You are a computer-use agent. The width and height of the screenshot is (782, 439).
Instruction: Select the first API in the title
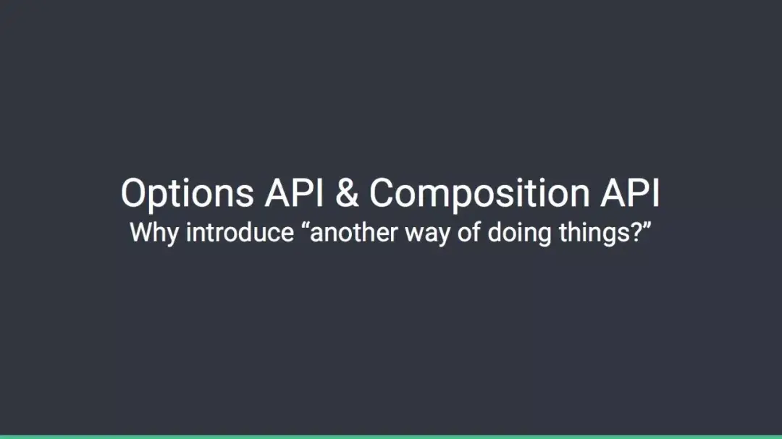(294, 192)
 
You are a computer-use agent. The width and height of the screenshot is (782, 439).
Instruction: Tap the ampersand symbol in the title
(347, 192)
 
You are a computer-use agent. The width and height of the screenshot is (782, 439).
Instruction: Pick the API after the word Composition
(631, 192)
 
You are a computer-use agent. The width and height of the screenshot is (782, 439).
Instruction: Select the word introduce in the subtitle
(240, 232)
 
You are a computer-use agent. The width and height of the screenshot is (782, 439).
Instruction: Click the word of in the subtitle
(468, 232)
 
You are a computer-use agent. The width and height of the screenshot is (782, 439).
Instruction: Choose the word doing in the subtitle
(519, 234)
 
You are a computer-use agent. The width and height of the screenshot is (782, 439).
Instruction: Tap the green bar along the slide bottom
(391, 437)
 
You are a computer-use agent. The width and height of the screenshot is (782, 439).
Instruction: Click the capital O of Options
(135, 192)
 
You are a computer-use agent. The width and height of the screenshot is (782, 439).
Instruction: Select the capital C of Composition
(383, 192)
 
